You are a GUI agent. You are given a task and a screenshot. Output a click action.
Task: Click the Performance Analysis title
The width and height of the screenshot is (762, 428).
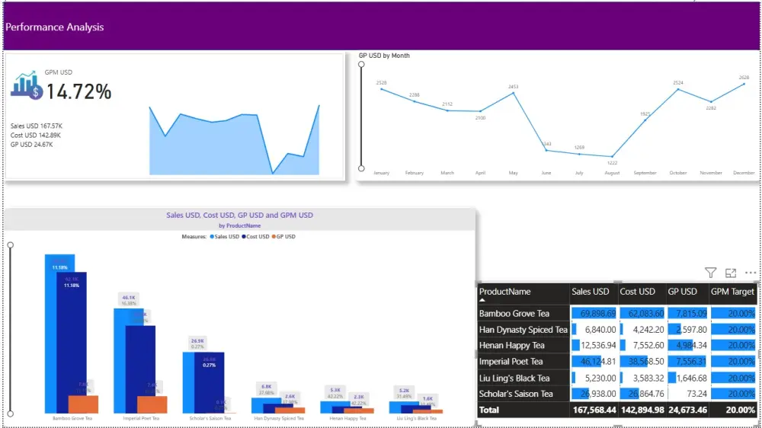[55, 27]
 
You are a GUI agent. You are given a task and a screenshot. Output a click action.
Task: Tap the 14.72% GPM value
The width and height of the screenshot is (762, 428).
[79, 92]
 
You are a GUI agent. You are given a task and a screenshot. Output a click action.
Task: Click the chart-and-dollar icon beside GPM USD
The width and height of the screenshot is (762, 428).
[26, 86]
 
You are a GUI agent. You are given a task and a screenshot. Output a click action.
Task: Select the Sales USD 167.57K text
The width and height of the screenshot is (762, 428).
[37, 126]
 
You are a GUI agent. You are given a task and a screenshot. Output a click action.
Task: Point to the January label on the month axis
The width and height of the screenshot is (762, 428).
[381, 173]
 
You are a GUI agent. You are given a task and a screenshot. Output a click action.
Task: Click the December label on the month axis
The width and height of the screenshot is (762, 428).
[744, 173]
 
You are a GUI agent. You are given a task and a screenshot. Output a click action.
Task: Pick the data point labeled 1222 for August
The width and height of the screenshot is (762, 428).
[612, 156]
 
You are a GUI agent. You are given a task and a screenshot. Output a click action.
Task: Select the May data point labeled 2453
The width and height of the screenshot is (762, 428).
[513, 93]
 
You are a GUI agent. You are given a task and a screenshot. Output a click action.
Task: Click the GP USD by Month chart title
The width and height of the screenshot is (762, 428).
[384, 56]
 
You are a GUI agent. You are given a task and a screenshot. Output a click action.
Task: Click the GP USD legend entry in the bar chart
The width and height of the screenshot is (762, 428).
[284, 237]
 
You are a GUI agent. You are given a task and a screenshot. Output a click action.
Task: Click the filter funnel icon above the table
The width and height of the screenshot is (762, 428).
[710, 273]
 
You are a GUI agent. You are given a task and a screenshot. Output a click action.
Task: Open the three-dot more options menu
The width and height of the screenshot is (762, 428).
[751, 273]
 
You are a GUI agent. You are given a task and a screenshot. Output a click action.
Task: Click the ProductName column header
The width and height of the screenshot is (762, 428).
[505, 292]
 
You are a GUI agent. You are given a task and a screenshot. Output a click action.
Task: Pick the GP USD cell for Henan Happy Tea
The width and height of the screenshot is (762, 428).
[687, 346]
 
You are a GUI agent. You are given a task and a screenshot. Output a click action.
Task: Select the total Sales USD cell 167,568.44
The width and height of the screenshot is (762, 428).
[593, 410]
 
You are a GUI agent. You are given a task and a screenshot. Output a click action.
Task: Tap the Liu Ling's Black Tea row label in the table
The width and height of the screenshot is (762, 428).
[514, 378]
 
